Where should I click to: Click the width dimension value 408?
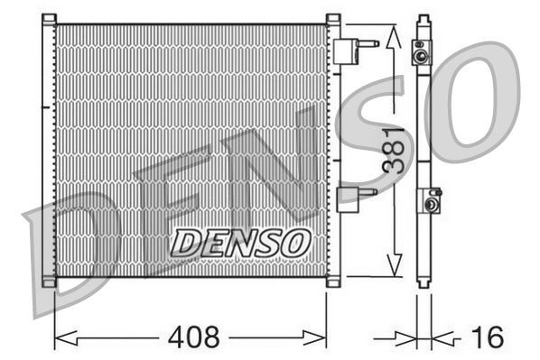click(192, 338)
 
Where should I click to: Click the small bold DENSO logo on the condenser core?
click(240, 241)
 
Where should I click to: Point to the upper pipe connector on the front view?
click(354, 49)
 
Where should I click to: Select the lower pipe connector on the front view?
click(354, 198)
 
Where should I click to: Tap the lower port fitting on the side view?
click(431, 201)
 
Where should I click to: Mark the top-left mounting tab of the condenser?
click(49, 20)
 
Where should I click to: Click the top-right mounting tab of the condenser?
click(332, 20)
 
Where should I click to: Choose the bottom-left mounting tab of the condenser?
click(49, 282)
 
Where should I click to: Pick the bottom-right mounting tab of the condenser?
click(332, 282)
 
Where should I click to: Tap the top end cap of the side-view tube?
click(423, 20)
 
